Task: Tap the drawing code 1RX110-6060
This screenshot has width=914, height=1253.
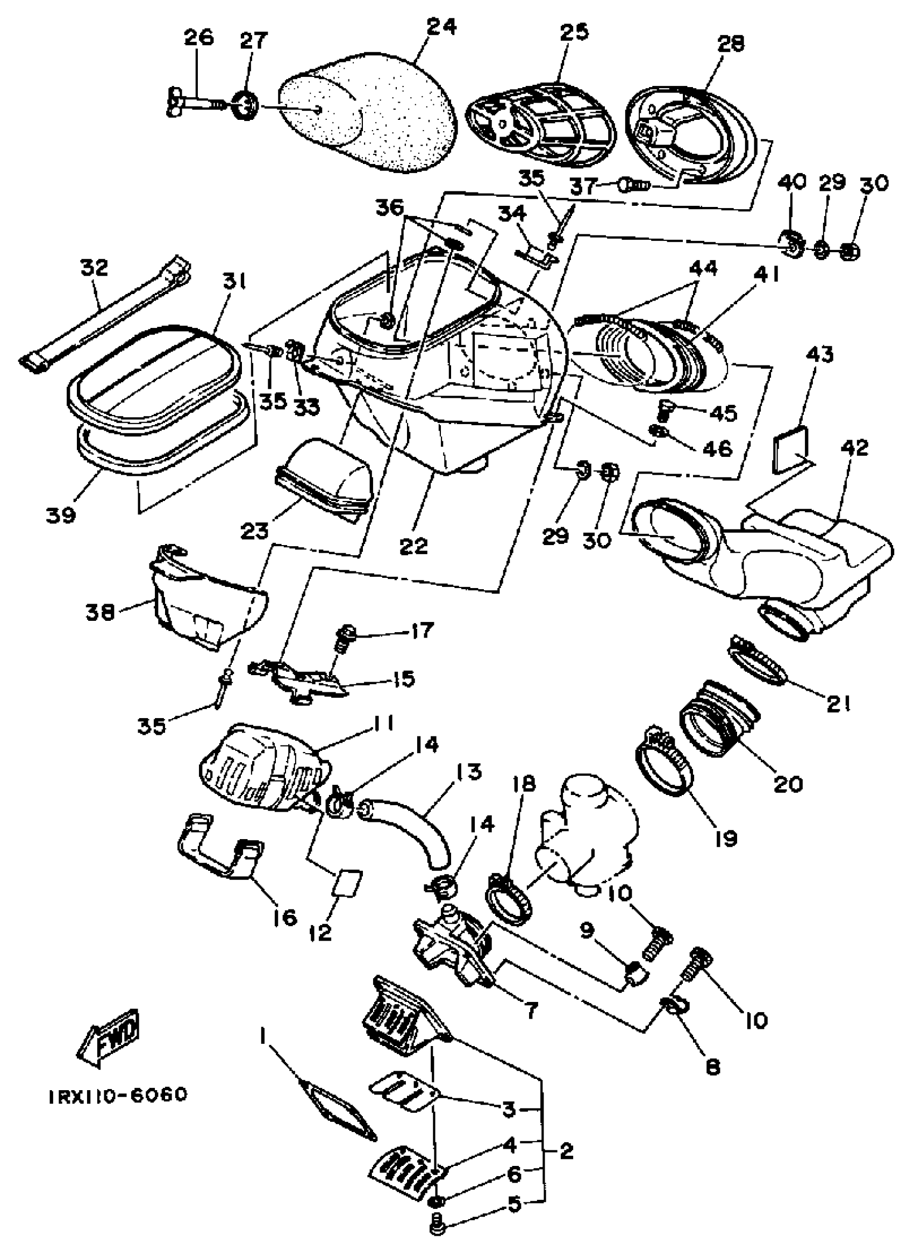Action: click(118, 1094)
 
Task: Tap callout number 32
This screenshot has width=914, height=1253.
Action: click(95, 268)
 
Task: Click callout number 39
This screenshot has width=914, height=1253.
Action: click(61, 515)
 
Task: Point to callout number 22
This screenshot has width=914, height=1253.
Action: click(414, 546)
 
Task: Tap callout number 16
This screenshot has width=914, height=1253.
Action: click(284, 918)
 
